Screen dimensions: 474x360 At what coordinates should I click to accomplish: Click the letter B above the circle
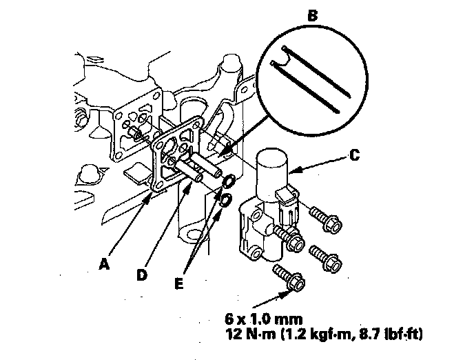click(313, 16)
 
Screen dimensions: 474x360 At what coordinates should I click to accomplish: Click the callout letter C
click(355, 155)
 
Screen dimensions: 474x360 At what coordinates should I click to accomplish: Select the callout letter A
click(104, 264)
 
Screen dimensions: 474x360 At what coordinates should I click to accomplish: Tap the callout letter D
click(141, 275)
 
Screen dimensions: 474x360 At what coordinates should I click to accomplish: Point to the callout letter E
click(179, 283)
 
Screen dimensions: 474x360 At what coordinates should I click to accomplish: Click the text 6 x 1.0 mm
click(264, 319)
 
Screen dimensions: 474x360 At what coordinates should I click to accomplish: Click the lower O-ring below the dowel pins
click(226, 200)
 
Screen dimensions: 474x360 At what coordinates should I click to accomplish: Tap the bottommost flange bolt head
click(296, 282)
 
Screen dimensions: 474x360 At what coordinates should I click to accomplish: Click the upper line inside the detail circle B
click(316, 72)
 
